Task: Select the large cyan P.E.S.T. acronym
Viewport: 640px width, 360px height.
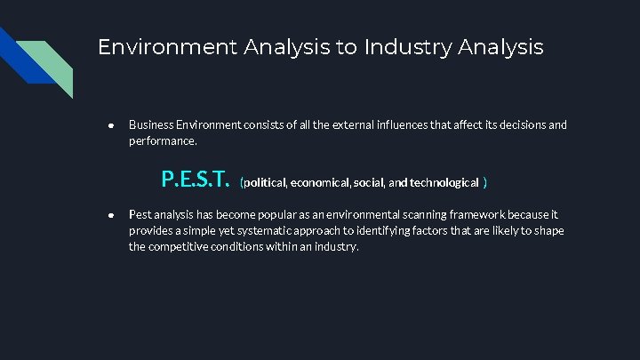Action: pos(196,180)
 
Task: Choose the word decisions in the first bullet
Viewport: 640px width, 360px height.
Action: pos(502,124)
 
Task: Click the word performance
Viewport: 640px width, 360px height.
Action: pos(162,140)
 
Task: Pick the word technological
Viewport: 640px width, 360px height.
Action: pos(444,182)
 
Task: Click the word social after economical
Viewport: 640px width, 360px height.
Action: pos(369,182)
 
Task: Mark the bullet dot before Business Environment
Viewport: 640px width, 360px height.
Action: pos(110,125)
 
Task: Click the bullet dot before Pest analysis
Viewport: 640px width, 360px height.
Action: pos(110,215)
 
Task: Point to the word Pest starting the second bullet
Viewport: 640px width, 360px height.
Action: pos(140,214)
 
